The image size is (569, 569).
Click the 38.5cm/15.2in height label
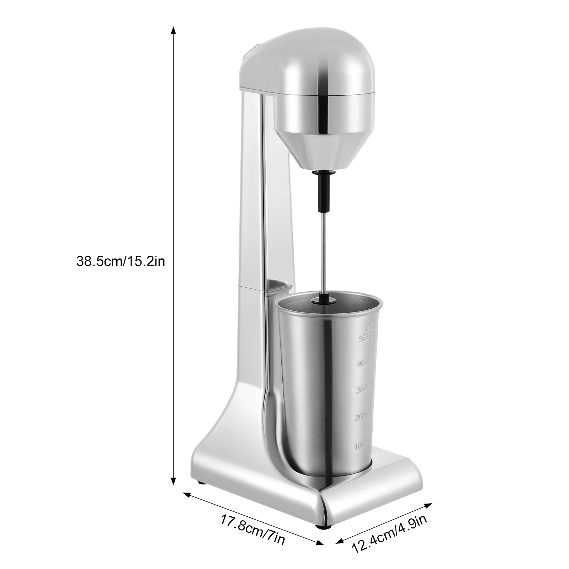coord(121,262)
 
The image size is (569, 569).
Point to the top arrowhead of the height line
coord(174,30)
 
